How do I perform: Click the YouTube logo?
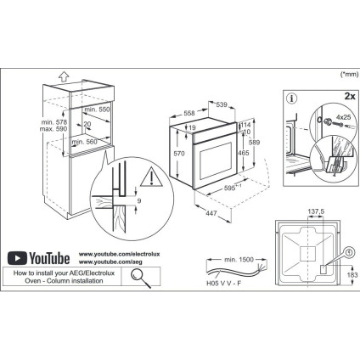(x=38, y=256)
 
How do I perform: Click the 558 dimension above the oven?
(x=191, y=112)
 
